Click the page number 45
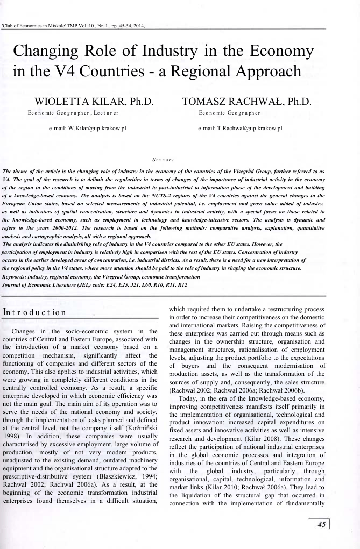tap(321, 525)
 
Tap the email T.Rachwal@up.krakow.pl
tap(240, 129)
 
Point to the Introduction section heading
tap(34, 312)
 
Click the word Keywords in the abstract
tap(18, 276)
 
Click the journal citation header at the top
tap(73, 25)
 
